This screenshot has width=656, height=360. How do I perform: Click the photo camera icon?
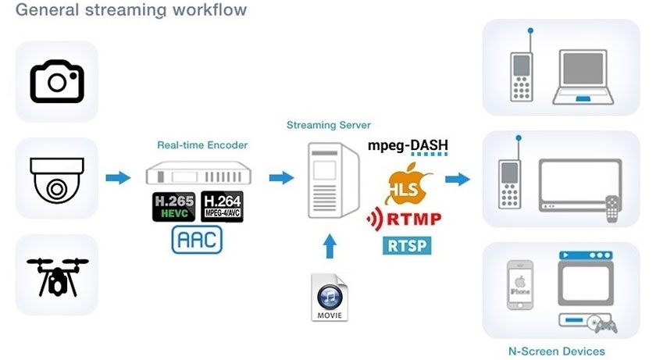56,80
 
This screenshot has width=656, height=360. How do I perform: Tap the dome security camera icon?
56,179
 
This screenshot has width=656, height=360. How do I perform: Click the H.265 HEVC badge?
173,206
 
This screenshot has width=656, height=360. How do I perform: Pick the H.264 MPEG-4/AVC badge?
222,206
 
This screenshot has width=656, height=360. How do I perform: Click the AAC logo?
197,240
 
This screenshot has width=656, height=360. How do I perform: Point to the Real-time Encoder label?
202,144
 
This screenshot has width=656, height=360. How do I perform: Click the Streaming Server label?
329,125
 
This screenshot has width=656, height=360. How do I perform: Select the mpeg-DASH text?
408,145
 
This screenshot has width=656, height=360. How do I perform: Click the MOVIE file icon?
329,298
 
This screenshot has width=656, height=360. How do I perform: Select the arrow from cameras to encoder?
118,178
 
